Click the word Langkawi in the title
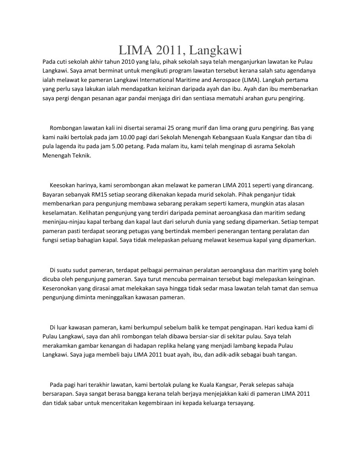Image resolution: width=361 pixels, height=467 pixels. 215,51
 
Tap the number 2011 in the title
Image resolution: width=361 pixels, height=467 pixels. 166,51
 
